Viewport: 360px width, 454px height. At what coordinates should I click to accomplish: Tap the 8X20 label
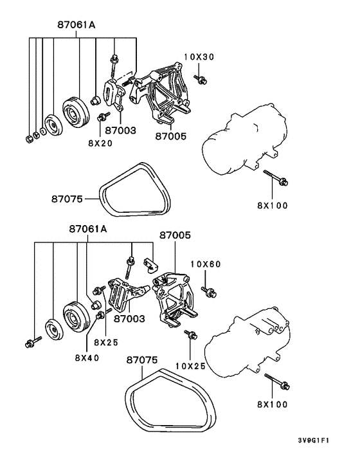pos(100,143)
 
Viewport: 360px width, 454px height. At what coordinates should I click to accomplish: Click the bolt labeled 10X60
pos(208,291)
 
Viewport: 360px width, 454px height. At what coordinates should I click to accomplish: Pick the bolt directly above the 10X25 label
pos(190,334)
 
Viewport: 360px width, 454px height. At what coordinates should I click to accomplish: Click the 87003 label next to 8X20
pos(121,130)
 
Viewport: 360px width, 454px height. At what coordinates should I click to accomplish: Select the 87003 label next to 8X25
pos(130,318)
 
